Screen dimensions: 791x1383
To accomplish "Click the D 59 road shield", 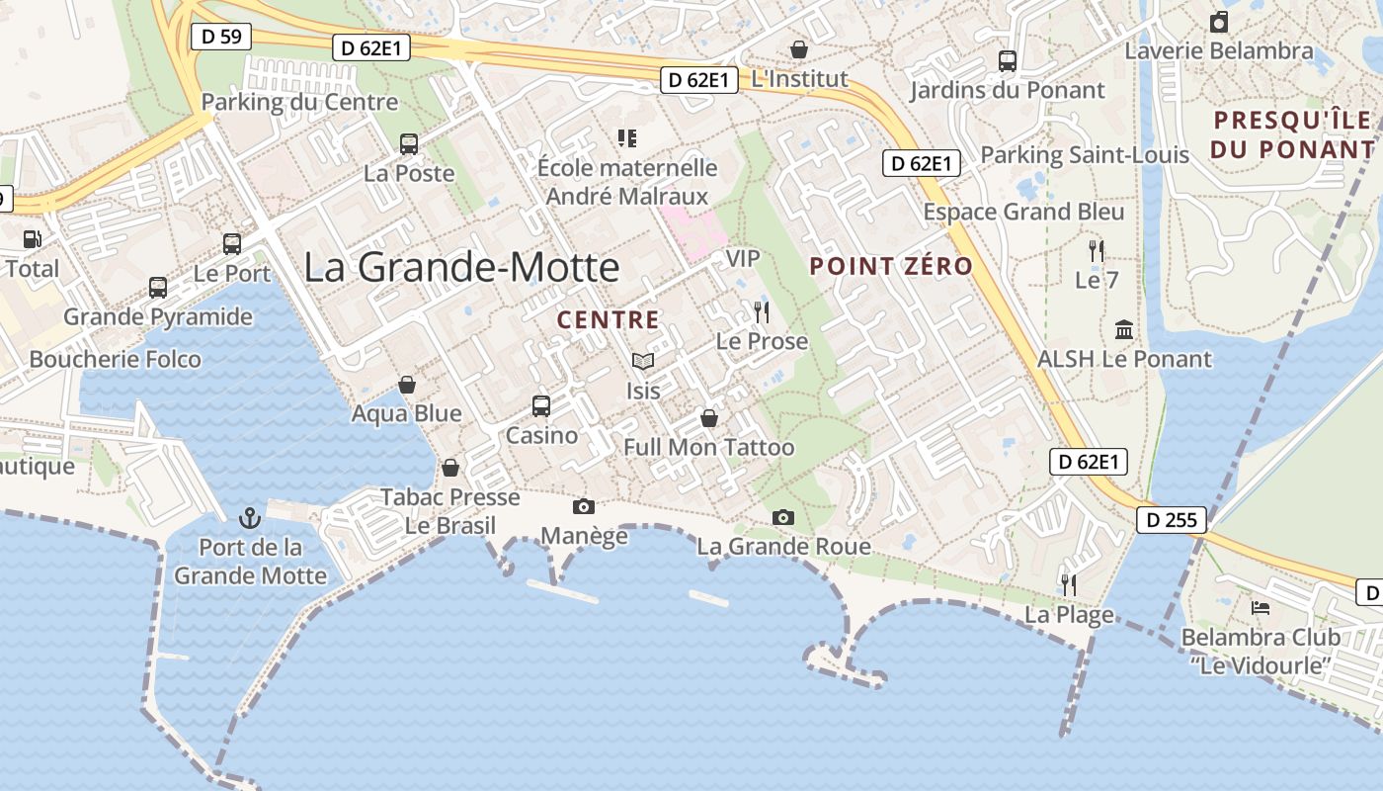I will tap(221, 37).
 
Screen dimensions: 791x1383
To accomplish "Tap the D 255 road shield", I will tap(1172, 520).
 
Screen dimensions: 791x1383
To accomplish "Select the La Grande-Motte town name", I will tap(461, 268).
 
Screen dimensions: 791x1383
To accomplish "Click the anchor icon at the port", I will tap(250, 517).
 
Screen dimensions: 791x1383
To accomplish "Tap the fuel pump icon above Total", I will tap(33, 238).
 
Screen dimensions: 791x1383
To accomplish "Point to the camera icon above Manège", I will tap(584, 506).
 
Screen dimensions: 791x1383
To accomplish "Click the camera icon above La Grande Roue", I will tap(782, 517).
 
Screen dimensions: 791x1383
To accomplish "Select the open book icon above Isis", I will tap(643, 362).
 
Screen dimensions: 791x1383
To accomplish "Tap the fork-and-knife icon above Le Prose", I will tap(761, 312).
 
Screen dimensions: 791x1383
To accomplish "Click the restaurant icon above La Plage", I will tap(1068, 584).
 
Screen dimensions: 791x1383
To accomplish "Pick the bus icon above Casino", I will tap(541, 405).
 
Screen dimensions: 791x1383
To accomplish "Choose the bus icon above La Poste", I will tap(409, 143).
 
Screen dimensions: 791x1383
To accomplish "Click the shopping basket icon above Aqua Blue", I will tap(407, 384).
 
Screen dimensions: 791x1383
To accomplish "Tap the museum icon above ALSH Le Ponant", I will tap(1124, 329).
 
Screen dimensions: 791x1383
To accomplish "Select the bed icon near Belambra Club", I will tap(1261, 607).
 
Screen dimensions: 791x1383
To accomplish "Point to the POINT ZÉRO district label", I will tap(891, 266).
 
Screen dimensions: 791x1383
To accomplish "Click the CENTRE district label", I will tap(608, 319).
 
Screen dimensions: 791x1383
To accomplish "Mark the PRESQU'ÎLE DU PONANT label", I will tap(1292, 134).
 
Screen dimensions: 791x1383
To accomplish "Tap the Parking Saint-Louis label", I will tap(1084, 155).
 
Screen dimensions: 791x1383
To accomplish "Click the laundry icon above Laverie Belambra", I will tap(1219, 22).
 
